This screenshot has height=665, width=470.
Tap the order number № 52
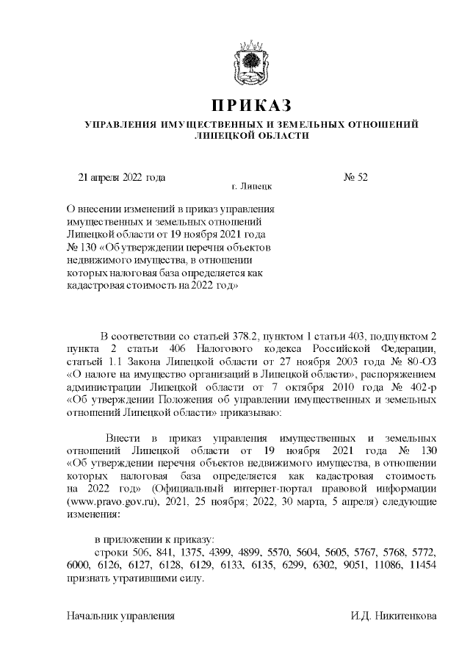click(355, 176)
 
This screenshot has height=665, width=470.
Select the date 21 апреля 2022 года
click(121, 176)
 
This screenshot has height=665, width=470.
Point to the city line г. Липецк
click(251, 187)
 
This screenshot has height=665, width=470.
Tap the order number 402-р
click(420, 387)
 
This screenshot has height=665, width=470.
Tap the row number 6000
click(79, 564)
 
